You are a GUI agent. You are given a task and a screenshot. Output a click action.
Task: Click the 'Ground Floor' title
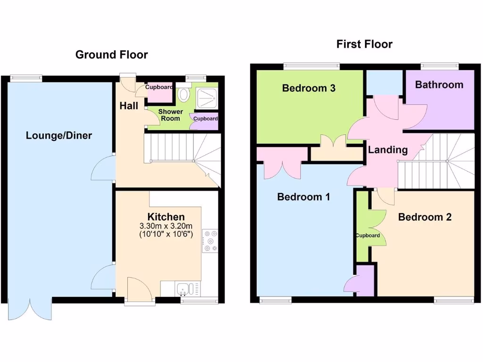point(111,55)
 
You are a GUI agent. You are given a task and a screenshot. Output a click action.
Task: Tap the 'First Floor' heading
point(364,44)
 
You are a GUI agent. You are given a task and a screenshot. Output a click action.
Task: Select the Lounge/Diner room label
point(59,136)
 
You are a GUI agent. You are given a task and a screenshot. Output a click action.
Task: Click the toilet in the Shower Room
point(183,95)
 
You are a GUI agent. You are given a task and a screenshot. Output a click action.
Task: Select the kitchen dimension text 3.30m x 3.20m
point(166,226)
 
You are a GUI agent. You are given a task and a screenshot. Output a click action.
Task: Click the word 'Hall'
point(129,106)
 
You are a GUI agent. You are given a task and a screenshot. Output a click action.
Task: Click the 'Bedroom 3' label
point(308,88)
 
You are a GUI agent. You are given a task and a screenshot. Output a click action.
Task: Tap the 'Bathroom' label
point(439,85)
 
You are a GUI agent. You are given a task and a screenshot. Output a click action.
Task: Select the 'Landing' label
point(388,150)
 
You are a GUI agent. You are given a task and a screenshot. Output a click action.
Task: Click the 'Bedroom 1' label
point(303,197)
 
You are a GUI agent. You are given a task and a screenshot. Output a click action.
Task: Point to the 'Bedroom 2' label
point(425,217)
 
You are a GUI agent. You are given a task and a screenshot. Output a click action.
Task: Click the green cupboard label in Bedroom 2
point(367,236)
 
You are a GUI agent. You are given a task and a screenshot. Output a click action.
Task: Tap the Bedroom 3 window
point(311,66)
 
